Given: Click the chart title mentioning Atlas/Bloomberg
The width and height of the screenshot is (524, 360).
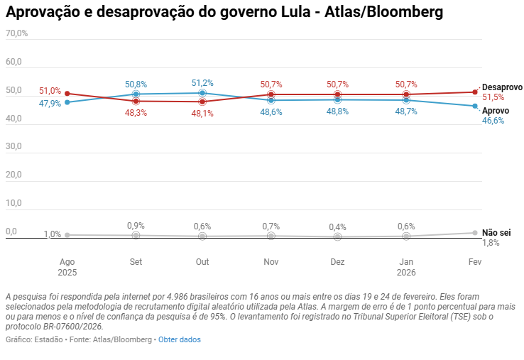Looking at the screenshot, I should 224,11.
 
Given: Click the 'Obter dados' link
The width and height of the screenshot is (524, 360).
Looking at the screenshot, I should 179,339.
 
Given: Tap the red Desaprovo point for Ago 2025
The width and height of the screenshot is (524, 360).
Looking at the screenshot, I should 67,94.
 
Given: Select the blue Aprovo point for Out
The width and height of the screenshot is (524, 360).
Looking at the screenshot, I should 202,93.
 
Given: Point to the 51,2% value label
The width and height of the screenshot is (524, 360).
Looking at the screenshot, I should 202,83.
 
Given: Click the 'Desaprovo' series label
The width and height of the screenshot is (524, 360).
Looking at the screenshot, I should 502,87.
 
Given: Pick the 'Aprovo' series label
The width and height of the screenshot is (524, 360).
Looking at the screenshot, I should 496,111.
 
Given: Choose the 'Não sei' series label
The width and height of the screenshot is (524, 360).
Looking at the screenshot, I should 496,233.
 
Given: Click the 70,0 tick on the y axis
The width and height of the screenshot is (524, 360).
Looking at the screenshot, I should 16,33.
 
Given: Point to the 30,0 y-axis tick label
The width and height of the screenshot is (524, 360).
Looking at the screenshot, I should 14,146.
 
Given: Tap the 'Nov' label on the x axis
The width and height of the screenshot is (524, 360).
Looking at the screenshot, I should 271,262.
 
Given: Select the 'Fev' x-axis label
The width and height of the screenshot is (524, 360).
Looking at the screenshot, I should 475,262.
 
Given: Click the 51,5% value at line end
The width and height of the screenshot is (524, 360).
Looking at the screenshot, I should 493,97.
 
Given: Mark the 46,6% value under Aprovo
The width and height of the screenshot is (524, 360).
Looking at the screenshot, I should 493,121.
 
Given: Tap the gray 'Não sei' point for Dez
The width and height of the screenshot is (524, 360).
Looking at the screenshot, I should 338,236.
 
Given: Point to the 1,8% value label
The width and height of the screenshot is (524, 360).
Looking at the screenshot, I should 491,243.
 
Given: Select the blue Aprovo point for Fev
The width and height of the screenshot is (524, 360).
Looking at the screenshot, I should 475,107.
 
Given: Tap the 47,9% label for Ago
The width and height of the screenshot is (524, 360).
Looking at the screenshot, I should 50,104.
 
